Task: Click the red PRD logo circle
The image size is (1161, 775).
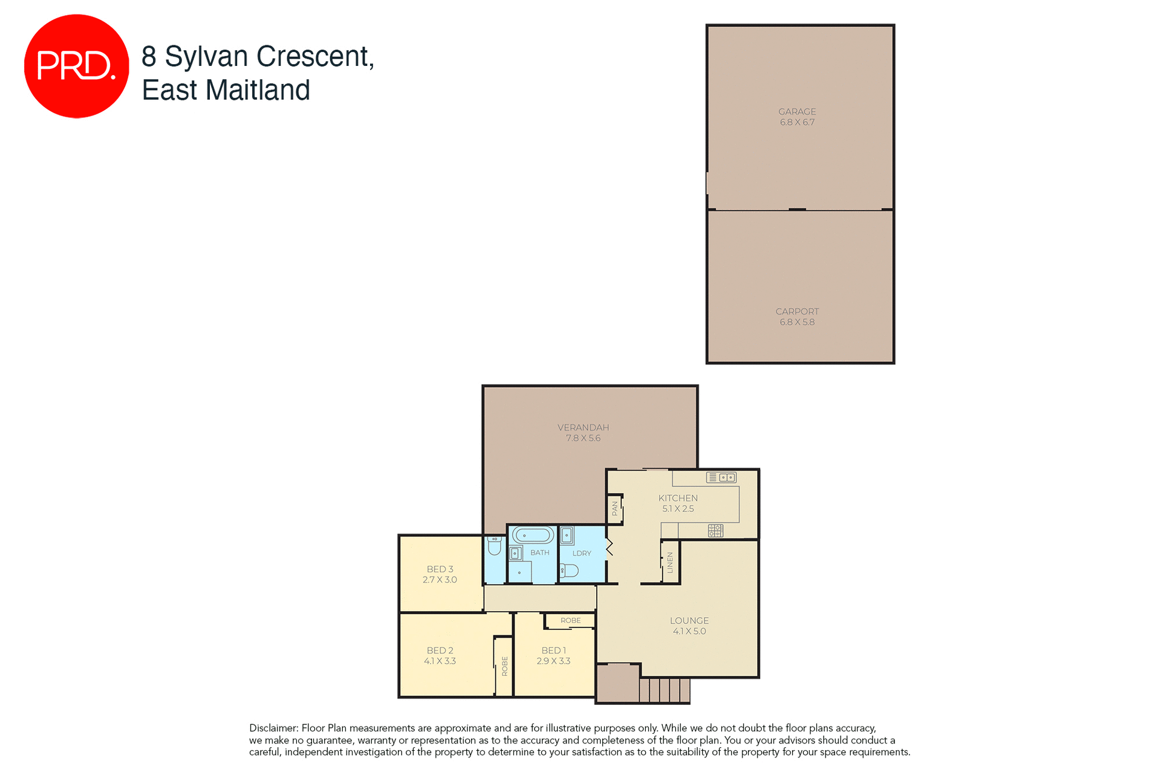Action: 76,66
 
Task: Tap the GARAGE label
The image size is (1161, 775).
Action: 797,112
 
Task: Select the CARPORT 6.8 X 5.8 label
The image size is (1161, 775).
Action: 797,317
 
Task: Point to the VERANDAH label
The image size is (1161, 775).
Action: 583,428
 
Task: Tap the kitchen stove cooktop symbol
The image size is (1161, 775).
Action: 715,531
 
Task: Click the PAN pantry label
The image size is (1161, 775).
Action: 615,509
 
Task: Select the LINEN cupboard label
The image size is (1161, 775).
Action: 670,563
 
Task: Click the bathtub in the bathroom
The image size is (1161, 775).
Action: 533,535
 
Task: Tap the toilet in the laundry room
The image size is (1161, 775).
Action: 569,571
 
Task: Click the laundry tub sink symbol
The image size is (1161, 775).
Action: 567,536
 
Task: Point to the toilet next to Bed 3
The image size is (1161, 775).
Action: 495,546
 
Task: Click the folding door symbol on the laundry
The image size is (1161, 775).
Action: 610,547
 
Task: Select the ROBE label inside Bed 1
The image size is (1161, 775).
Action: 570,621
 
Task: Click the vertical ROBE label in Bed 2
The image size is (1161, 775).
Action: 505,666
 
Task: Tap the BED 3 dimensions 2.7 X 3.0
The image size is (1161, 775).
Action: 440,580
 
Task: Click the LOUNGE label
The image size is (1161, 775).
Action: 689,621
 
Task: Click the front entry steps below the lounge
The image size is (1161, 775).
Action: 665,690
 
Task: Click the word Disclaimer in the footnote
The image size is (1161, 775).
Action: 273,728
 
